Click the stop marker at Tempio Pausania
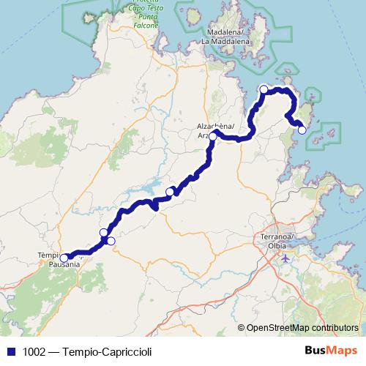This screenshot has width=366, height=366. [64, 258]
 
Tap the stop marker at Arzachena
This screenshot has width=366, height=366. [212, 136]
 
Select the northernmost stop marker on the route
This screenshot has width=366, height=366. [264, 89]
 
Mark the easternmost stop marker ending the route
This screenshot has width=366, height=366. [302, 130]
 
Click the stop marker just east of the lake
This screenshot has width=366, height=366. [170, 192]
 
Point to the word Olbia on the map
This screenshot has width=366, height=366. [277, 246]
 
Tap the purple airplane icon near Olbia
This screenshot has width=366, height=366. [285, 258]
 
